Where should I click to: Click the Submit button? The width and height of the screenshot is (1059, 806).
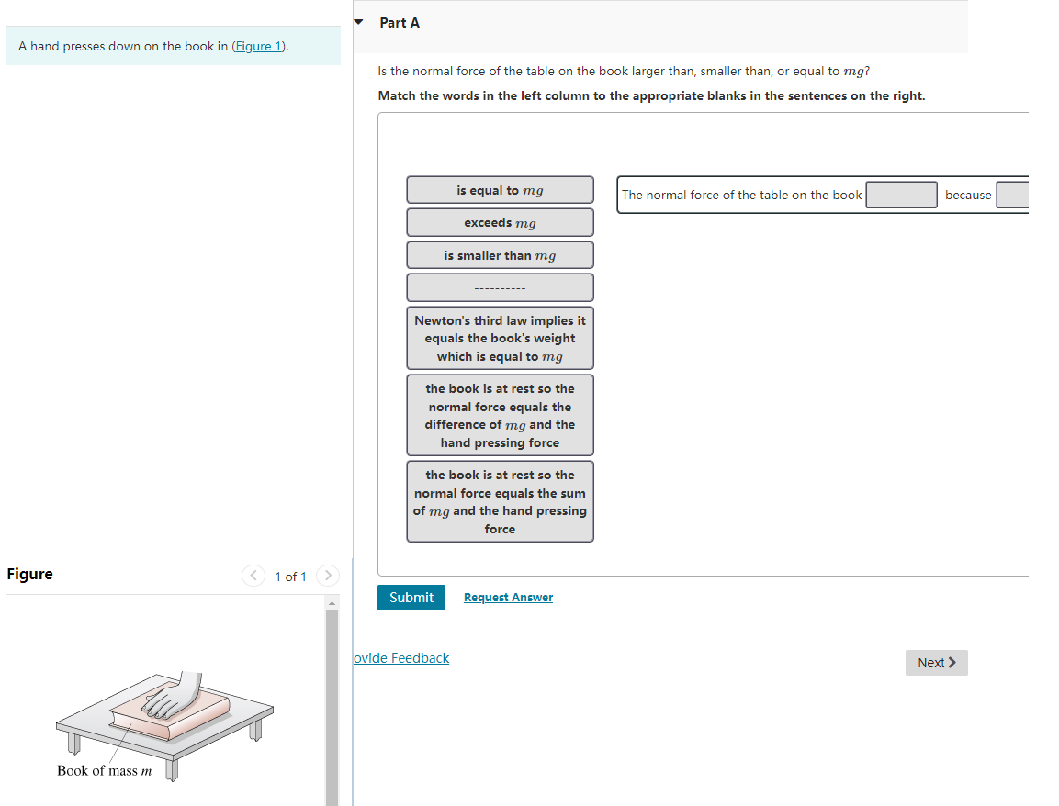(x=411, y=598)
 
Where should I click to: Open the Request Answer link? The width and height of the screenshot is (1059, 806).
(x=508, y=598)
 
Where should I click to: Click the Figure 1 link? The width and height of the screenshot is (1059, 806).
(x=258, y=46)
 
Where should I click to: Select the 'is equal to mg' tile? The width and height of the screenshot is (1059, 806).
(x=500, y=190)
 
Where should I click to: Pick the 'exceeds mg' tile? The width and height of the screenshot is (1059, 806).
(x=500, y=223)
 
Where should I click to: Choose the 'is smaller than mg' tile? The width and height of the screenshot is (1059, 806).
(x=500, y=255)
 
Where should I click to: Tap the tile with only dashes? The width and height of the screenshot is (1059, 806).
(x=500, y=288)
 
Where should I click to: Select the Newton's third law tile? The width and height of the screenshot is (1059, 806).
(x=500, y=338)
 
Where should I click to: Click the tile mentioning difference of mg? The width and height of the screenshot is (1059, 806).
(x=500, y=415)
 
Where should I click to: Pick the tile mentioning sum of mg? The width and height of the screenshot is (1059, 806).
(x=500, y=501)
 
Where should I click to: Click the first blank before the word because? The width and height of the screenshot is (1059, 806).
(x=901, y=195)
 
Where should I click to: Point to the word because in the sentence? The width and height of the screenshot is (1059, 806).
(x=967, y=195)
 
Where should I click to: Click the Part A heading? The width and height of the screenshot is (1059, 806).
(x=400, y=22)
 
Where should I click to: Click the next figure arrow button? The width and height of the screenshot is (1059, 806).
(x=327, y=576)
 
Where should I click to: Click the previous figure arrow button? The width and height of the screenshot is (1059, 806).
(x=253, y=576)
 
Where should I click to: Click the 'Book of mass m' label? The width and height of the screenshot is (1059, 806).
(x=104, y=771)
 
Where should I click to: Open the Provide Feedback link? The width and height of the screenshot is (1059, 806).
(x=401, y=658)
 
